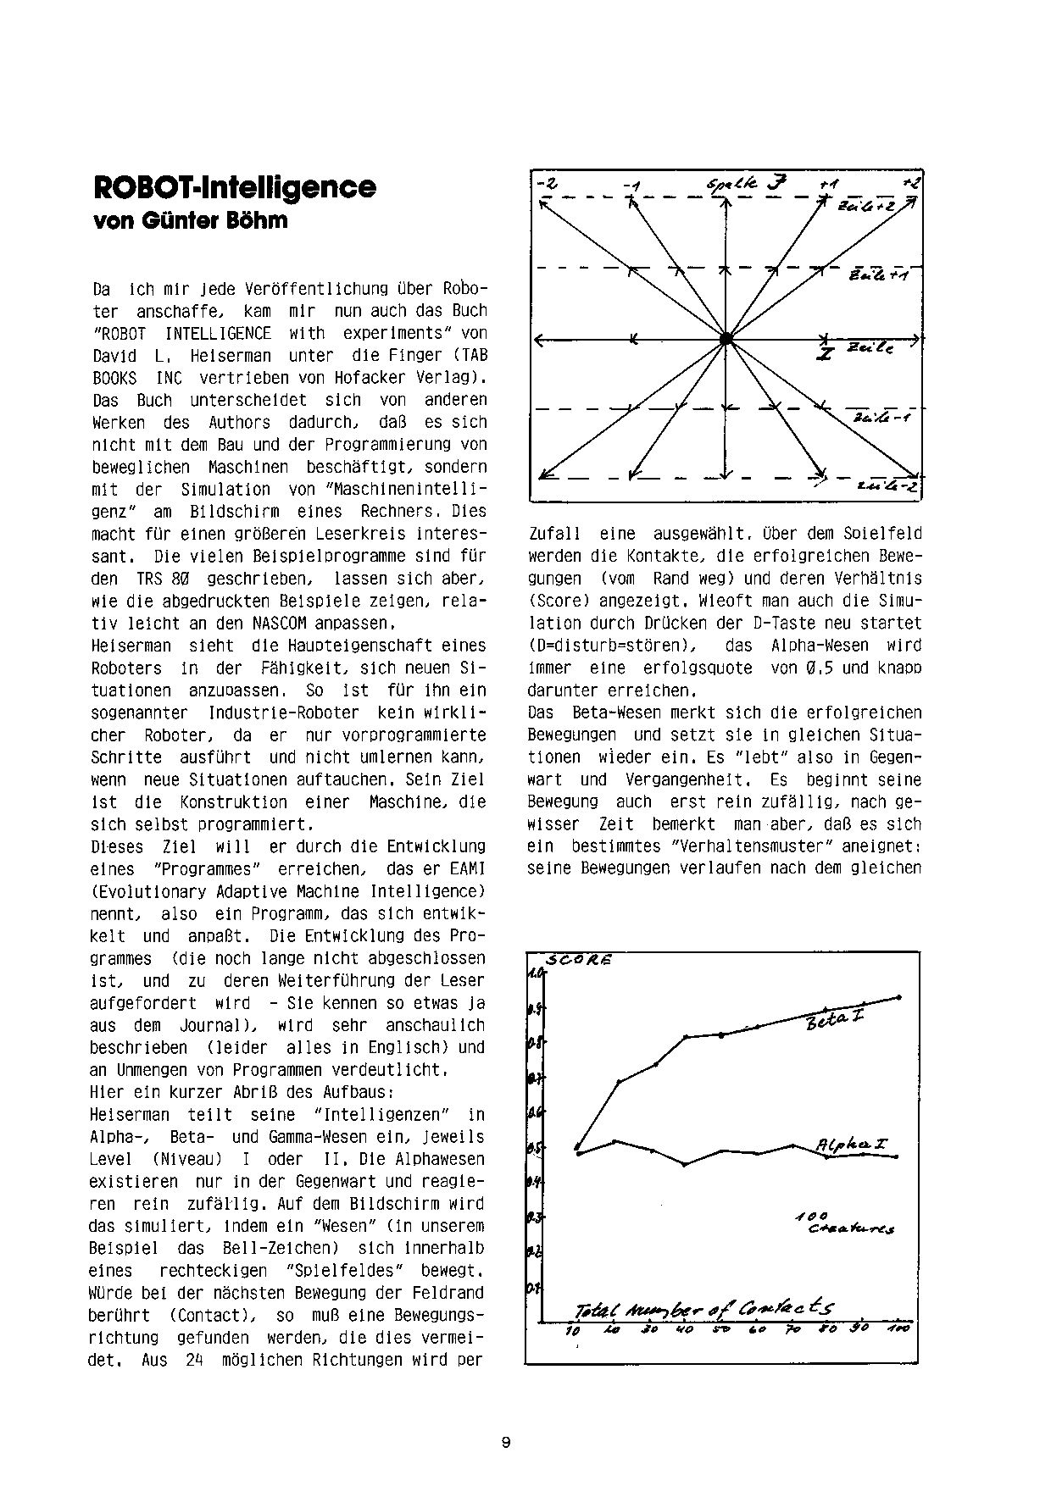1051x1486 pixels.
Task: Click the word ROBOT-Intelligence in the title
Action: point(233,187)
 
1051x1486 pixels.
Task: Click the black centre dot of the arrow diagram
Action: point(726,339)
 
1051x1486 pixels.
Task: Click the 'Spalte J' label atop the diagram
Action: point(746,183)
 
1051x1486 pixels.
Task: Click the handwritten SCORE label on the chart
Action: point(580,961)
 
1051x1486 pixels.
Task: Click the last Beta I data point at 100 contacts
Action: point(898,997)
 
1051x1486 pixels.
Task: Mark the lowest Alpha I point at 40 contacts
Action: point(685,1165)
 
